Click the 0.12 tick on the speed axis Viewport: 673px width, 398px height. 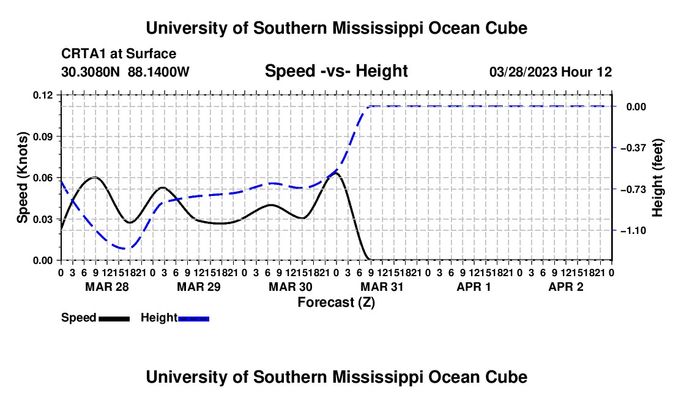[42, 95]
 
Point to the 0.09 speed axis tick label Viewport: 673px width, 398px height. [42, 137]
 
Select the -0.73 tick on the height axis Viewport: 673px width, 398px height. [636, 189]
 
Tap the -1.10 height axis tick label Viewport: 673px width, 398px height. [636, 231]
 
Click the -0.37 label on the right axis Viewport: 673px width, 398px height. [636, 148]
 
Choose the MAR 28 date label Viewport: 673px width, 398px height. [107, 287]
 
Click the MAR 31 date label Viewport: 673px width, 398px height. [382, 287]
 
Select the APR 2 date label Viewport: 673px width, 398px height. [566, 287]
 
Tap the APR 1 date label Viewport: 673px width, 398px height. [474, 287]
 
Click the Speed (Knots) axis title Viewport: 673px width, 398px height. [22, 178]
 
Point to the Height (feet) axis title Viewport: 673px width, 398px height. [658, 178]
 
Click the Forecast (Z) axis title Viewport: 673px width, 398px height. [336, 302]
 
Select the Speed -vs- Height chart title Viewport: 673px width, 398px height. [336, 71]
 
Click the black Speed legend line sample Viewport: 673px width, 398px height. [114, 318]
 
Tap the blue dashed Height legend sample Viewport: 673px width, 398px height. [193, 318]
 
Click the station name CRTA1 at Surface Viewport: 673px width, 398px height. [119, 54]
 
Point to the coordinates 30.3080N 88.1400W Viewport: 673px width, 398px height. [125, 72]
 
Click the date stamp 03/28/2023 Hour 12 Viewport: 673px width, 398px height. [551, 72]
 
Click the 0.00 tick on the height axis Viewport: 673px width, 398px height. [636, 107]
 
